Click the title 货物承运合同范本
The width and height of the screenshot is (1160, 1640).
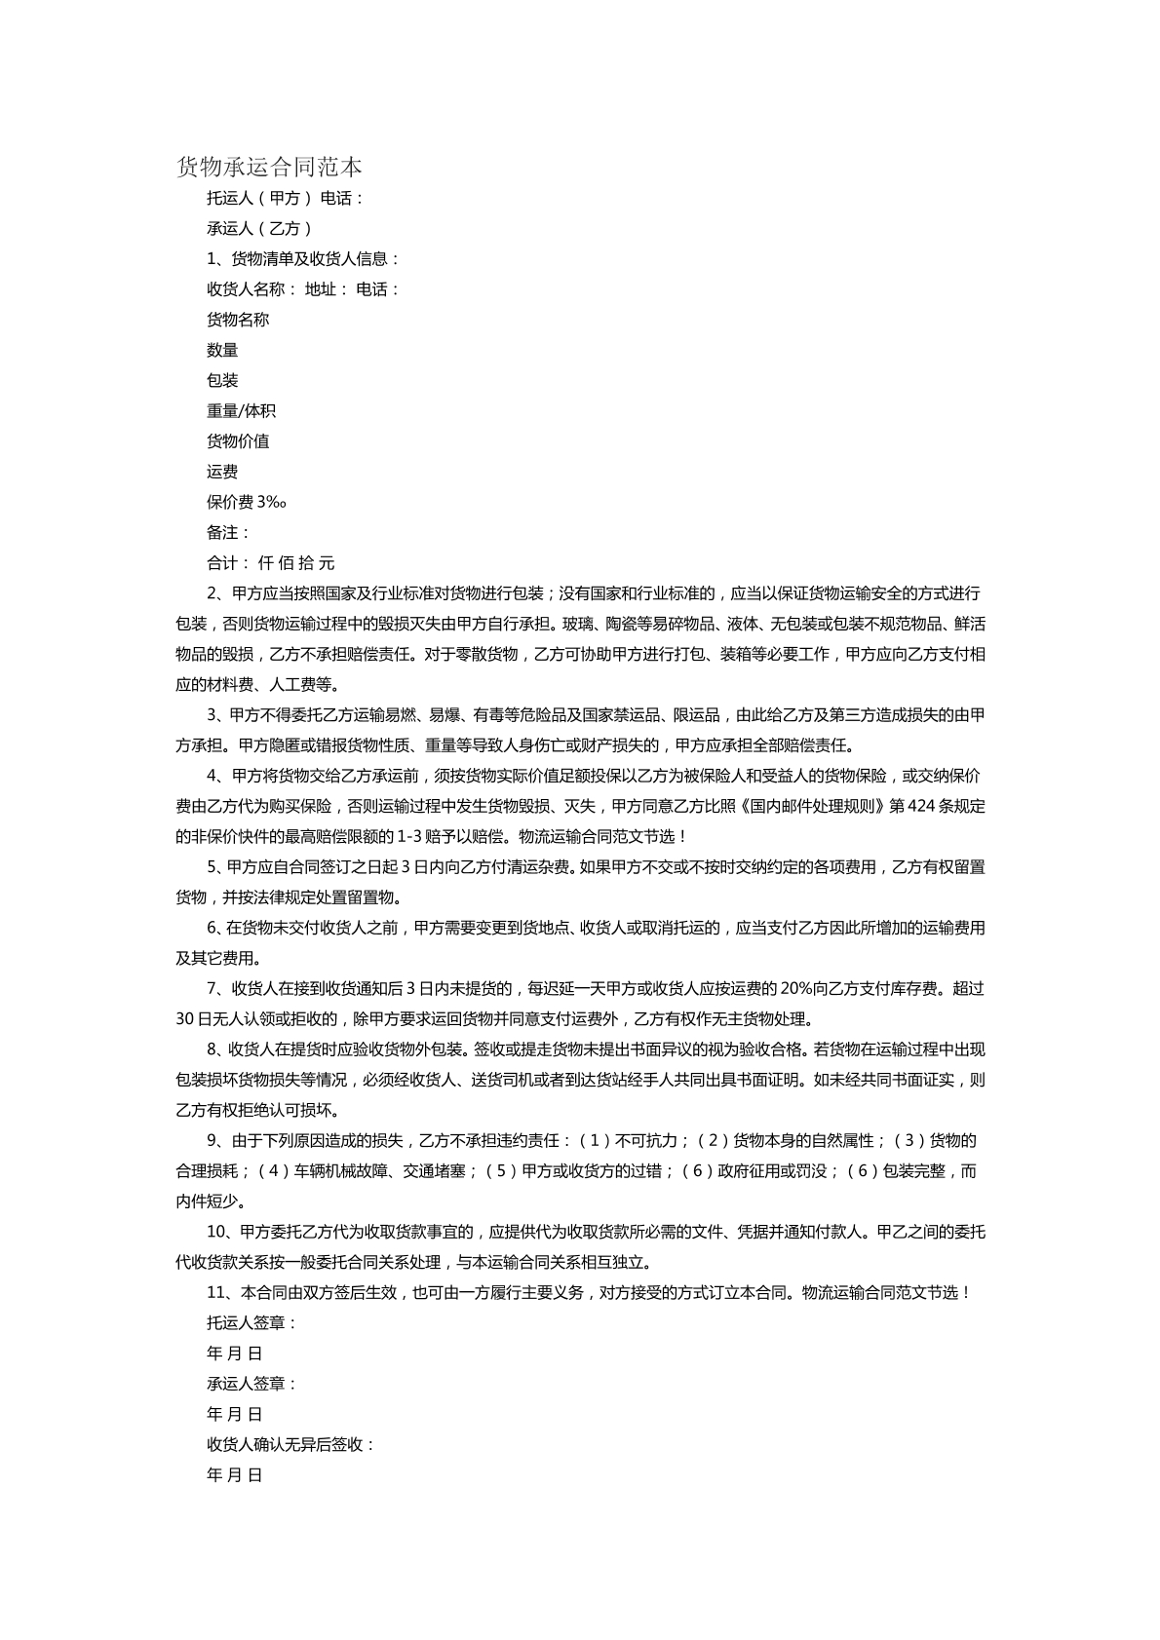click(269, 168)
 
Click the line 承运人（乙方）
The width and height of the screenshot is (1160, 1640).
click(259, 229)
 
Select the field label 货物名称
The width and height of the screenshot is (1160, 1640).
click(238, 320)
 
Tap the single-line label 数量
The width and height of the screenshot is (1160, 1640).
click(222, 350)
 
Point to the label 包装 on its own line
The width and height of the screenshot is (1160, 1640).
click(222, 380)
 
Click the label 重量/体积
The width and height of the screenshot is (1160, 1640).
click(241, 411)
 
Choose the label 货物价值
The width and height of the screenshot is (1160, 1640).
click(238, 441)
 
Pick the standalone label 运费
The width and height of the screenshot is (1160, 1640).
click(222, 472)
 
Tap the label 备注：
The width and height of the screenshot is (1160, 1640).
click(229, 532)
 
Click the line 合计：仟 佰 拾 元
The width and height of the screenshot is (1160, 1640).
click(271, 563)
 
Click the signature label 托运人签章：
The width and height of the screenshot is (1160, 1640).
click(251, 1323)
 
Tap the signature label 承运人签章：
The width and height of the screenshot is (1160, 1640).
click(251, 1384)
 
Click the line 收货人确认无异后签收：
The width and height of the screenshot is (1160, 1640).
click(291, 1444)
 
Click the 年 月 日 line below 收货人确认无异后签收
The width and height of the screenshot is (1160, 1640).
click(235, 1475)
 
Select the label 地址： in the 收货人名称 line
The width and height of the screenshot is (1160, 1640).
click(327, 289)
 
